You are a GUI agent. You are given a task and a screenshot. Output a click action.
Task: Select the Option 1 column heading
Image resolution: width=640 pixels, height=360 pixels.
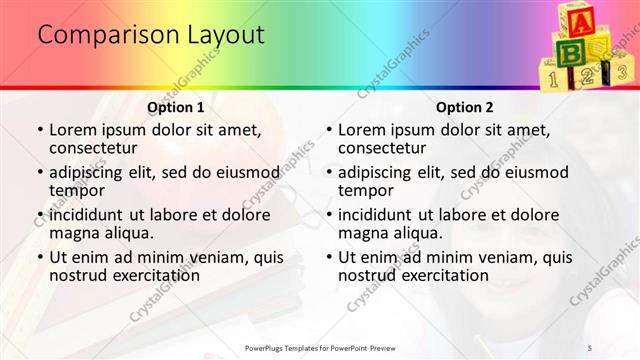tap(176, 107)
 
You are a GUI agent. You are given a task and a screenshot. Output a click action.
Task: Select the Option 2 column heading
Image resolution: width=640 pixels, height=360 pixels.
tap(465, 107)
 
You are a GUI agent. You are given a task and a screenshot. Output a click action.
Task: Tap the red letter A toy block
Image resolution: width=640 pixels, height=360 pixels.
tap(577, 19)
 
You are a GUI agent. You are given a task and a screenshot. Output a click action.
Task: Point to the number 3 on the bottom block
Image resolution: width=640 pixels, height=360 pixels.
tap(620, 72)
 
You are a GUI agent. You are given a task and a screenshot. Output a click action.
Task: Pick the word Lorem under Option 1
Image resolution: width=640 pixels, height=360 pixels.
tap(72, 130)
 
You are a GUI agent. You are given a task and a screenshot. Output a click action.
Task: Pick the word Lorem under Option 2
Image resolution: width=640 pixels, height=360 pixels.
tap(361, 130)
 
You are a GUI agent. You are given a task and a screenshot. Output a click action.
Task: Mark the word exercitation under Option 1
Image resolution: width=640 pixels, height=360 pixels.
tap(144, 275)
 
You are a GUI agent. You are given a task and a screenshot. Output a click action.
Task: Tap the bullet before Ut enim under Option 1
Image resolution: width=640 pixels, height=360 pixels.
tap(39, 257)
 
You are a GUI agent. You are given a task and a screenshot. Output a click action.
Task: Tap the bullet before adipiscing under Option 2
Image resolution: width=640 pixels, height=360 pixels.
tap(328, 172)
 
